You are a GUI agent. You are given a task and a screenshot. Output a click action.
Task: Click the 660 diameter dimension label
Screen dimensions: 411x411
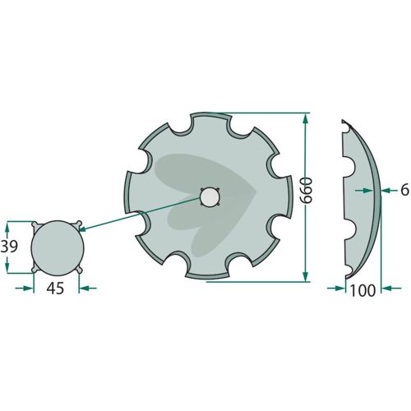306,190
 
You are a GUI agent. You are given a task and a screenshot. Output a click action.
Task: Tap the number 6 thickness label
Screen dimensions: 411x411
404,190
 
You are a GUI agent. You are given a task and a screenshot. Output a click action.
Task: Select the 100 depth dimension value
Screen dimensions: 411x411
363,290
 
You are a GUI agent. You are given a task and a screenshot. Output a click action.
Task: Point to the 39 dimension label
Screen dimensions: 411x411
9,246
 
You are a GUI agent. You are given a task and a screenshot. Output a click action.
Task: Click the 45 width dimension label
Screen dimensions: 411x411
55,289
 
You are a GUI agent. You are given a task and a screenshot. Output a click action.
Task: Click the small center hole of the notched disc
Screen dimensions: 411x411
210,197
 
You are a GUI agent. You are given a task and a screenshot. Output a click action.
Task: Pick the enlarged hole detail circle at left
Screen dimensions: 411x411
58,248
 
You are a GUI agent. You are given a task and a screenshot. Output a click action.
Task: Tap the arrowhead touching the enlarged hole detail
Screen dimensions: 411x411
82,229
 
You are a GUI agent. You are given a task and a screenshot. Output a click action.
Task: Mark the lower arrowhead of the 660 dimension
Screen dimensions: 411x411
306,276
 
